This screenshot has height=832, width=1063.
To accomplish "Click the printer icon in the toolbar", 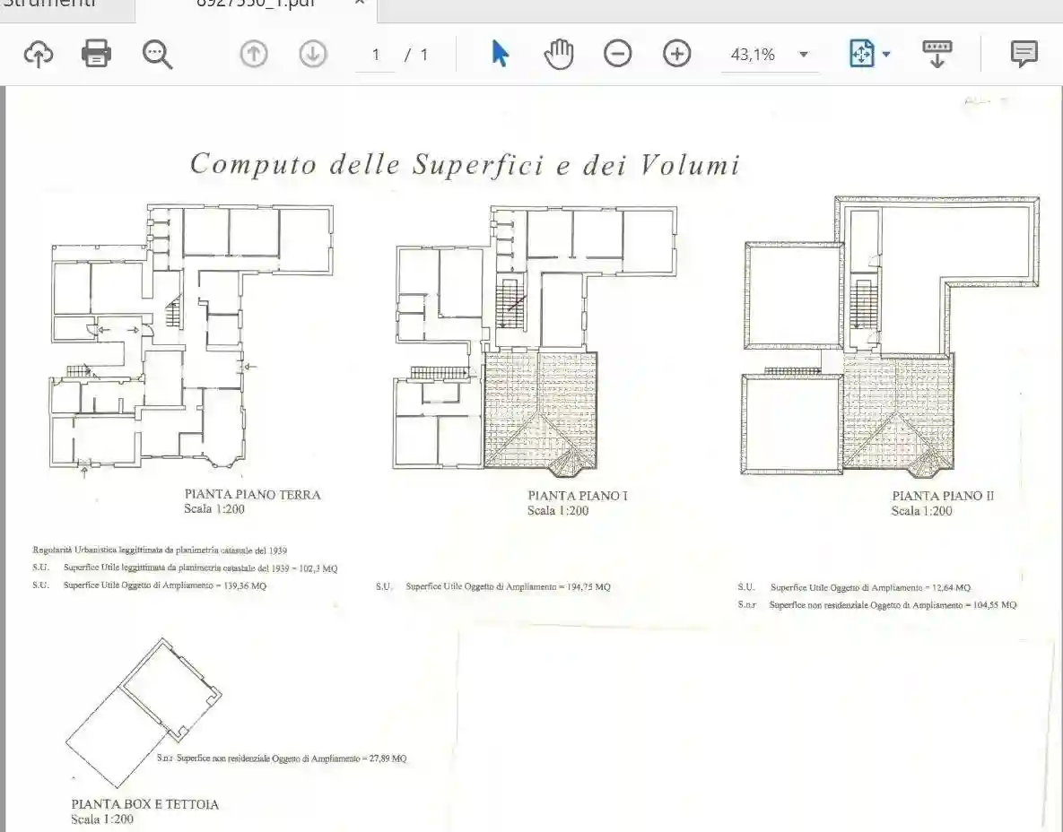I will click(96, 54).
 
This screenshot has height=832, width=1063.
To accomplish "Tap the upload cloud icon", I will click(38, 54).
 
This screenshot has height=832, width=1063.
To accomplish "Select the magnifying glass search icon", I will click(157, 54).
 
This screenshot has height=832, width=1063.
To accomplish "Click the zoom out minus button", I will click(617, 54).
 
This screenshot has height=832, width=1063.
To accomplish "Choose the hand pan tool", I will click(559, 54).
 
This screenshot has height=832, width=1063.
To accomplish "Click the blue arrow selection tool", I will click(501, 54).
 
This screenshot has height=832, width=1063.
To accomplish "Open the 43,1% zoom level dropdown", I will click(803, 55).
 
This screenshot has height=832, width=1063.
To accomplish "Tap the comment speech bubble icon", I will click(1024, 54).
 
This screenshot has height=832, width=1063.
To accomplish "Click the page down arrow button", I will click(312, 54).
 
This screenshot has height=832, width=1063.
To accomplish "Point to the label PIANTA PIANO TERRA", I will click(252, 494).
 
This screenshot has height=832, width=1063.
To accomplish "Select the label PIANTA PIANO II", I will click(943, 496).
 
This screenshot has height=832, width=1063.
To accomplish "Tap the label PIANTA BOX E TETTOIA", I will click(144, 804).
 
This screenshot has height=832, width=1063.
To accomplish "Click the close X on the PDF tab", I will click(359, 3).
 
